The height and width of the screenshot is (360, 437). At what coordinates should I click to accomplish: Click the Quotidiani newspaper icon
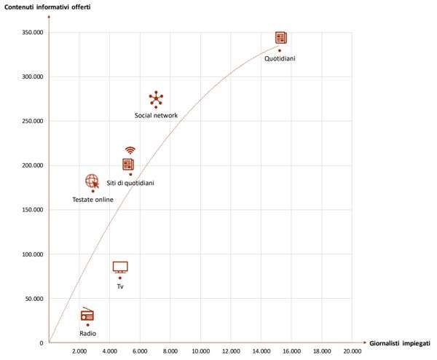click(x=281, y=38)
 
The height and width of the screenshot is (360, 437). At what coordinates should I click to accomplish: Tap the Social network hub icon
click(x=156, y=98)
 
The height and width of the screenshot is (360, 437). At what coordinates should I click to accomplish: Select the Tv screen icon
click(x=120, y=267)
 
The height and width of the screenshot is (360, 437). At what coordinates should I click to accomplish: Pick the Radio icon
click(x=87, y=316)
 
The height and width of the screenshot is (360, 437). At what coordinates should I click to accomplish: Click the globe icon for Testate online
click(x=92, y=181)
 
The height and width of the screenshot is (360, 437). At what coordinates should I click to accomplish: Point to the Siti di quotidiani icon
click(x=129, y=164)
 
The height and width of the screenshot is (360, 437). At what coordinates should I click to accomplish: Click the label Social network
click(x=156, y=115)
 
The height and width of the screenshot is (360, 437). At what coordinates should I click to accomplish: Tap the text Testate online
click(x=92, y=199)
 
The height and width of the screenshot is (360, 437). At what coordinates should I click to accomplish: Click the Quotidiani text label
click(x=280, y=58)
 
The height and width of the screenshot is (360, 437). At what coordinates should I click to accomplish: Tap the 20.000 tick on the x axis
click(x=352, y=351)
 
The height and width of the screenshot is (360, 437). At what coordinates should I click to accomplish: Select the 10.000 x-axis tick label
click(x=200, y=351)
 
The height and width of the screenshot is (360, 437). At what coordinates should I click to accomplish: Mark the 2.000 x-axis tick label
click(x=79, y=351)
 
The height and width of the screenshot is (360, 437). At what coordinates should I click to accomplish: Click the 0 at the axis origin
click(x=42, y=343)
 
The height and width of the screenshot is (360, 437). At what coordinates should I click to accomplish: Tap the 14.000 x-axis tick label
click(x=261, y=351)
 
